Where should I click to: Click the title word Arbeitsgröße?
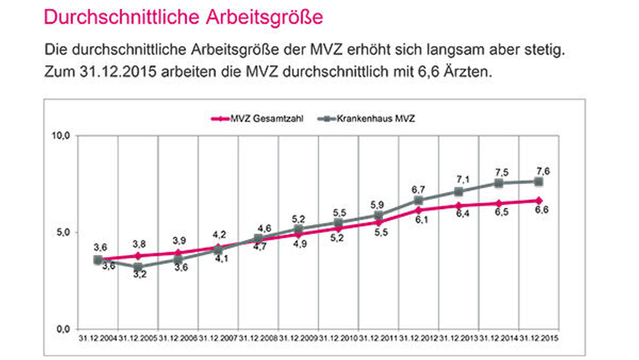pos(264,18)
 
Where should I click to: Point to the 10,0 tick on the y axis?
pos(61,136)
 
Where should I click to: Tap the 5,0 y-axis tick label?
pos(63,232)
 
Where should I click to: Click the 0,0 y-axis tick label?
pos(63,329)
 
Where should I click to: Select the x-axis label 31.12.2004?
pos(98,338)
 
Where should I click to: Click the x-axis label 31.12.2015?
pos(539,338)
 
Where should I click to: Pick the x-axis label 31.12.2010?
pos(338,338)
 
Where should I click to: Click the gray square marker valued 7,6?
pos(539,182)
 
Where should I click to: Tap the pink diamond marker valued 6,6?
pos(539,201)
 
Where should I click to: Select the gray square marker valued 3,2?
pos(138,267)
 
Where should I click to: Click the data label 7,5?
pos(502,173)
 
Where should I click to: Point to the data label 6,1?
pos(421,219)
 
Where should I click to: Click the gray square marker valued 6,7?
pos(419,200)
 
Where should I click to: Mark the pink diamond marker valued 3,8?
pos(138,256)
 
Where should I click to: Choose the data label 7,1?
pos(463,179)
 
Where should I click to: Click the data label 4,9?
pos(300,244)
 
